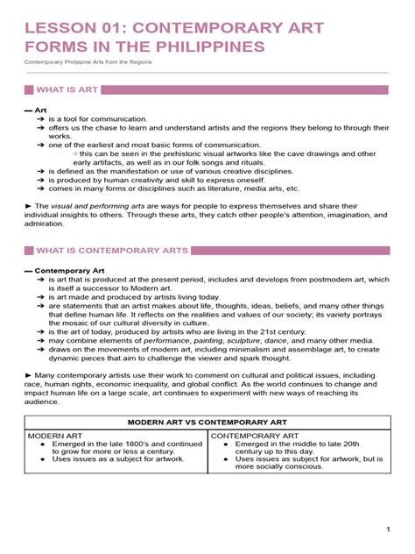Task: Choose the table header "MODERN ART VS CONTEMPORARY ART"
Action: click(x=207, y=421)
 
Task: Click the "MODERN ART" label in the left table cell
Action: click(x=55, y=436)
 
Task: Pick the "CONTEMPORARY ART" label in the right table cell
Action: click(x=255, y=436)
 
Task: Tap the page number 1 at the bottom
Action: click(x=386, y=529)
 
